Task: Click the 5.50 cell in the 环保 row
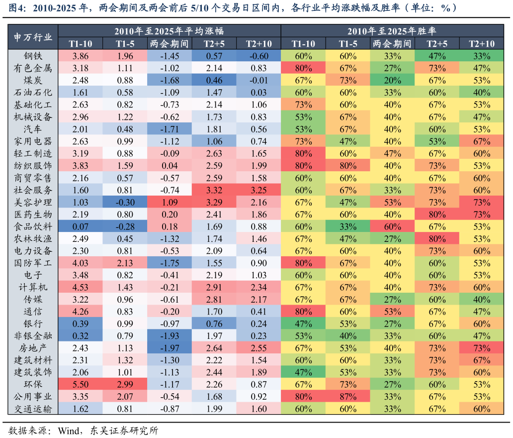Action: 81,384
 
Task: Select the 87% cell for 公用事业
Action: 348,396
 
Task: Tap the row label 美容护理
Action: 33,202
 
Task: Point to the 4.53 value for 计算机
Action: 81,287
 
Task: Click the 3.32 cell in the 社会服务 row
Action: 214,190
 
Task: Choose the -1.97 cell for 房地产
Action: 170,348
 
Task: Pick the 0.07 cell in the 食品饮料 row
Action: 81,226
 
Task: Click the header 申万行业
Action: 33,37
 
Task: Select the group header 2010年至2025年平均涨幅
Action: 169,31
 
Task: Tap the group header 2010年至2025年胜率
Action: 392,31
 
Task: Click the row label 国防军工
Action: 33,263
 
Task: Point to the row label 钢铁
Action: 33,56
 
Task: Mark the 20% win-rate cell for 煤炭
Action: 392,80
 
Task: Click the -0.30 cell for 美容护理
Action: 125,202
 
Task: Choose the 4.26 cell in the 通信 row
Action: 81,312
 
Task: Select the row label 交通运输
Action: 33,409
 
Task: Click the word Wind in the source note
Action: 69,430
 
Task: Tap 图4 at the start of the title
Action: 16,7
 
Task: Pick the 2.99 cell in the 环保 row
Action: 125,384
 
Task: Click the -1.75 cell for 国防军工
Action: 170,263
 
